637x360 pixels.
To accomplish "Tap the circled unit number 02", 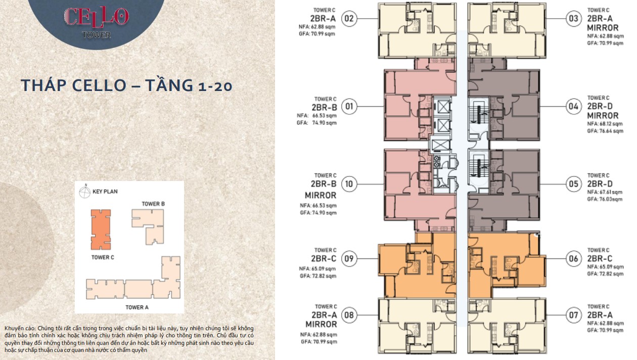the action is (349, 19).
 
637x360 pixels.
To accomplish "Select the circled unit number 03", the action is (573, 19).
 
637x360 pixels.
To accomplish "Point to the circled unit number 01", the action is (349, 107).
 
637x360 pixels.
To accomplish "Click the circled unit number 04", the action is (573, 107).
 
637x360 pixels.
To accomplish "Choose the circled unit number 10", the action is (349, 184).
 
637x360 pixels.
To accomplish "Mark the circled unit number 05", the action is (573, 184).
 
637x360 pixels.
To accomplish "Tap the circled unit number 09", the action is (349, 258).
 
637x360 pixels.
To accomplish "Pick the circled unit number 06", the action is (573, 258).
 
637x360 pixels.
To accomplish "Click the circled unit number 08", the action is (349, 315).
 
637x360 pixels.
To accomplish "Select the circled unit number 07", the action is (573, 315).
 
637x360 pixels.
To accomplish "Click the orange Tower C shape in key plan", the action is (101, 230).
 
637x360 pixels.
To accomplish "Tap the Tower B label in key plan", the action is (153, 204).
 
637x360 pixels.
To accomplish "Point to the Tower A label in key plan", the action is (137, 307).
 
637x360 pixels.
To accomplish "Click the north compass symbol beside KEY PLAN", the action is (84, 192).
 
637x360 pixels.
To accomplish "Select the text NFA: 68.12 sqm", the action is (605, 124).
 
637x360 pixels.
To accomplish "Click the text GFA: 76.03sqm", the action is (605, 199).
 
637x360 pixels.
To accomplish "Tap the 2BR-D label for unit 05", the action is (600, 184).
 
